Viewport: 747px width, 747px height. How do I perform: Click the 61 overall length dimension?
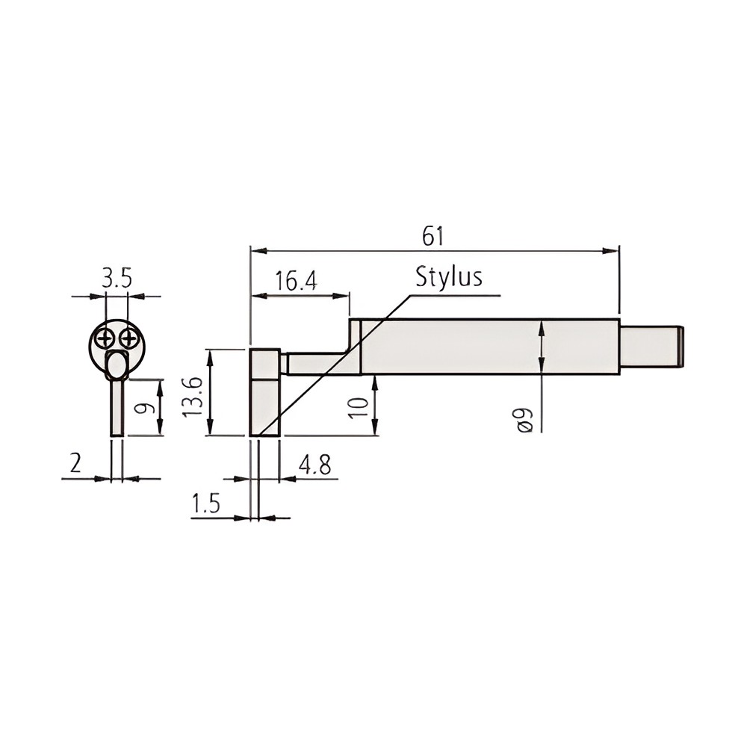tap(433, 237)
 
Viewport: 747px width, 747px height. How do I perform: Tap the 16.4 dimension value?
tap(297, 281)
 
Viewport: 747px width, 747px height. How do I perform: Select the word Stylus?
tap(449, 276)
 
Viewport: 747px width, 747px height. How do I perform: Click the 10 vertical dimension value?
tap(359, 408)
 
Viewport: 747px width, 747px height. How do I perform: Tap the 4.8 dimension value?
tap(314, 465)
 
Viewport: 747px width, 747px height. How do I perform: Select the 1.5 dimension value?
tap(206, 503)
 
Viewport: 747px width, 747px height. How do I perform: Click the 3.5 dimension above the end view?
tap(117, 279)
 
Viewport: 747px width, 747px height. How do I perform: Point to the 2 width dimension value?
tap(75, 463)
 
